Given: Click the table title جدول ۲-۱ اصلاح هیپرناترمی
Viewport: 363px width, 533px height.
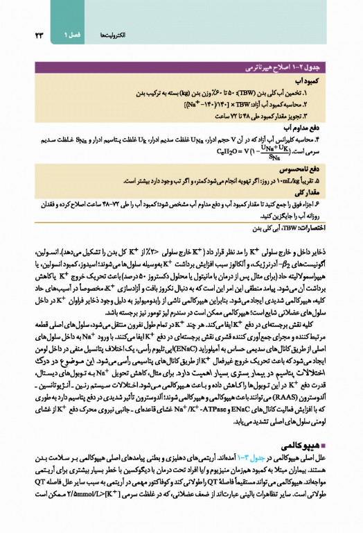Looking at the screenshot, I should [291, 71].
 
